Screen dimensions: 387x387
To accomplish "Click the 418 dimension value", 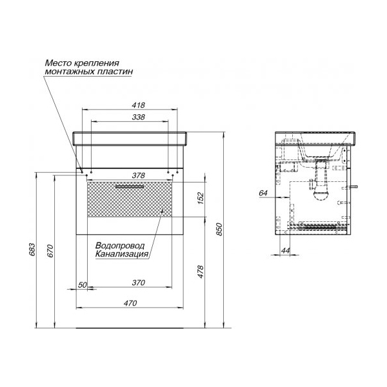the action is pyautogui.click(x=138, y=105).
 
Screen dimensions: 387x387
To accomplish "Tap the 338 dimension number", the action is pyautogui.click(x=138, y=117).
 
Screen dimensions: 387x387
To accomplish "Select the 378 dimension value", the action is pyautogui.click(x=138, y=175).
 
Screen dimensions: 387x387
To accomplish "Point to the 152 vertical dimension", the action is pyautogui.click(x=201, y=198).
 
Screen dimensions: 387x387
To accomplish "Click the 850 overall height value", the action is pyautogui.click(x=219, y=229).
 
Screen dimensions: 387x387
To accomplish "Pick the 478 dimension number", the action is pyautogui.click(x=201, y=272).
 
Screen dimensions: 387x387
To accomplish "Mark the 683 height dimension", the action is pyautogui.click(x=32, y=250).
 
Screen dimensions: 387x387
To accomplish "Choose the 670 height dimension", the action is pyautogui.click(x=50, y=251).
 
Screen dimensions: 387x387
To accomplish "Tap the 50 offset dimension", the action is pyautogui.click(x=83, y=285).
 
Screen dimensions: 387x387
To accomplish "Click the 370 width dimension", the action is pyautogui.click(x=138, y=283).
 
